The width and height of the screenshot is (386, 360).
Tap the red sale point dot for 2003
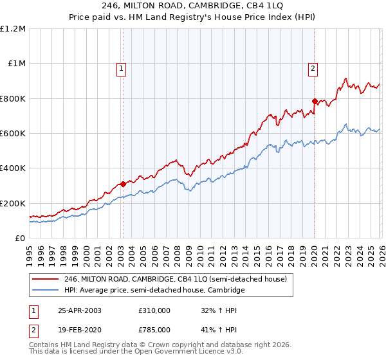[123, 184]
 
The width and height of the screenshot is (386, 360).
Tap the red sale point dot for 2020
[315, 101]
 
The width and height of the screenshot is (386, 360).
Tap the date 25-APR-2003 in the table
[79, 310]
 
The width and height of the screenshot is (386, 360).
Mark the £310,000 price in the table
[154, 310]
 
